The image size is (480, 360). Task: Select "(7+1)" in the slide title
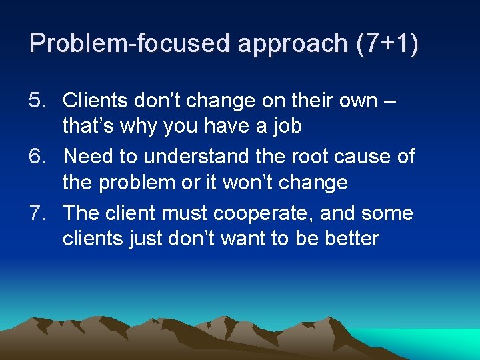point(388,43)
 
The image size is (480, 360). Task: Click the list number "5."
point(38,100)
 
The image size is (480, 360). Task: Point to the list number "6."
point(38,157)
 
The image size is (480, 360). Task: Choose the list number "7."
point(38,213)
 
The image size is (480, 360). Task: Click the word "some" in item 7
point(387,213)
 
